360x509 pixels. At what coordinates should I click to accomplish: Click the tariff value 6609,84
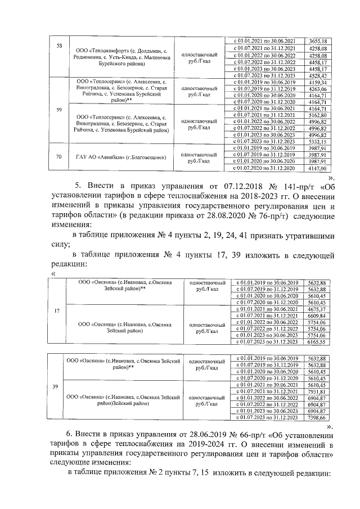pos(317,316)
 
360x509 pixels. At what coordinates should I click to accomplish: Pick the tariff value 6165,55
pos(317,341)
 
